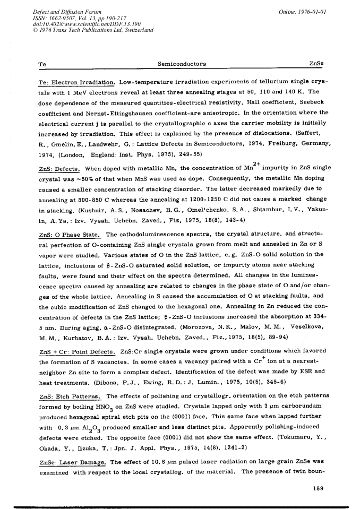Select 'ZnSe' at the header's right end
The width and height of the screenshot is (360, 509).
[x=316, y=64]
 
